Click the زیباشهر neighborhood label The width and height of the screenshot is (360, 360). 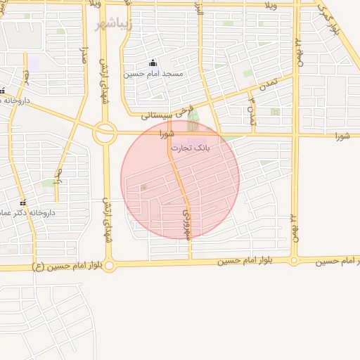[112, 23]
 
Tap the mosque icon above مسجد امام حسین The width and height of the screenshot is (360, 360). [153, 63]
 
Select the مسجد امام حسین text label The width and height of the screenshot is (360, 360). [153, 73]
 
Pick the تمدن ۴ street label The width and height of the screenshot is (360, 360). [251, 110]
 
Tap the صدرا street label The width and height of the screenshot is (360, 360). [84, 56]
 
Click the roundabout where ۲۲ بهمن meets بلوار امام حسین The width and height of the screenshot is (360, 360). [294, 261]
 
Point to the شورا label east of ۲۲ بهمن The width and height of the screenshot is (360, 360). [342, 135]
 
